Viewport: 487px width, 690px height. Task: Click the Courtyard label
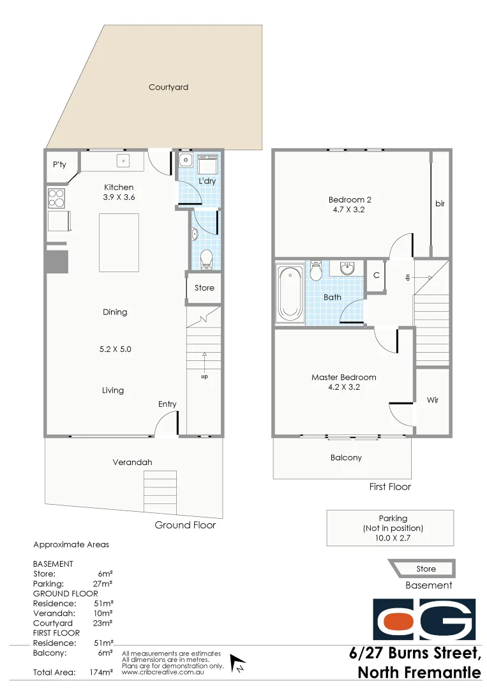[169, 87]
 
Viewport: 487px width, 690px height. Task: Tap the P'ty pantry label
[59, 165]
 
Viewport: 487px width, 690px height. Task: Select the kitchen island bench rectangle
[119, 243]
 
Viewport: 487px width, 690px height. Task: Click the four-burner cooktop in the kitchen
[56, 198]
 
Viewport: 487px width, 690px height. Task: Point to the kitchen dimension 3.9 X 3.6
[119, 197]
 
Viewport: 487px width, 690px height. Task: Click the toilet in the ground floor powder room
[206, 259]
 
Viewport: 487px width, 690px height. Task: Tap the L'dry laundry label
[207, 181]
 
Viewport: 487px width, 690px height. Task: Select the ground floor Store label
[204, 287]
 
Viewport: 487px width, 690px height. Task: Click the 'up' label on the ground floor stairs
[204, 376]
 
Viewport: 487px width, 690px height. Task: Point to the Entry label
[167, 404]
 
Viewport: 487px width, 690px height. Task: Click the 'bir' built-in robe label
[440, 204]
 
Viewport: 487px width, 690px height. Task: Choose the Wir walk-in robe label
[433, 401]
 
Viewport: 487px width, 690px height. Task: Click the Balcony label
[346, 457]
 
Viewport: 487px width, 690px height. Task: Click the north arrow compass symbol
[238, 664]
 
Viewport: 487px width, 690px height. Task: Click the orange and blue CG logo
[424, 620]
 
